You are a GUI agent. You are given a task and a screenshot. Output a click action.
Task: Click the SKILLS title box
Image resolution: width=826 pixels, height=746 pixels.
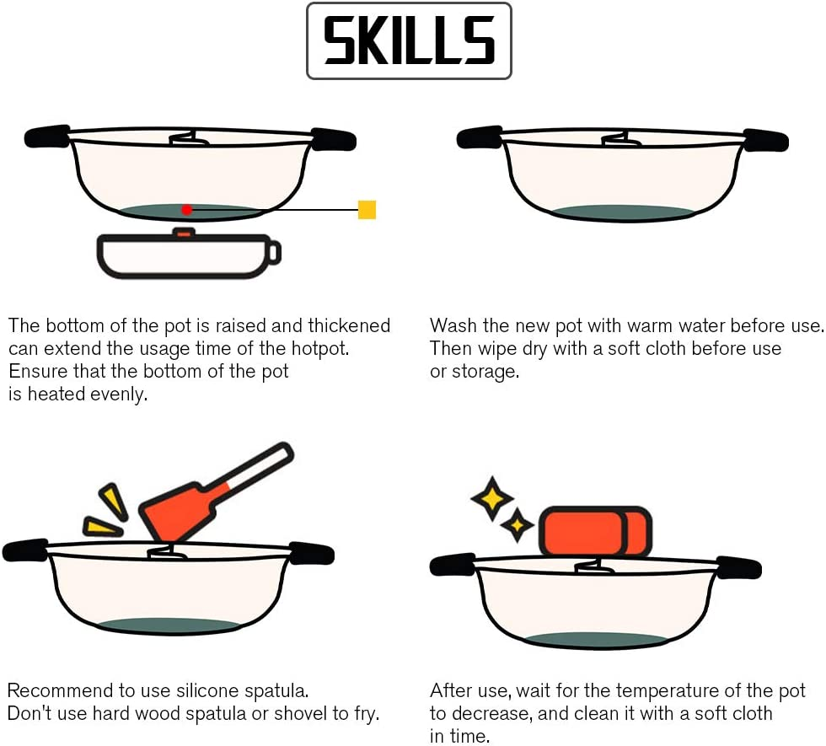pos(409,41)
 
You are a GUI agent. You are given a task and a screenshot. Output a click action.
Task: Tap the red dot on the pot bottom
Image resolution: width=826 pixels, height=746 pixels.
pos(186,209)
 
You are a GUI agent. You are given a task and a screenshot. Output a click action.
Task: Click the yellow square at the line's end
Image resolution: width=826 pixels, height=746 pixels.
pos(367,210)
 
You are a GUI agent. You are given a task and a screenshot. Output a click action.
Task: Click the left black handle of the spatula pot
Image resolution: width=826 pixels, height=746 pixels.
pos(24,551)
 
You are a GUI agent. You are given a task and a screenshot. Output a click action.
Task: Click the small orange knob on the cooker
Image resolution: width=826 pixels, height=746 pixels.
pos(182,232)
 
